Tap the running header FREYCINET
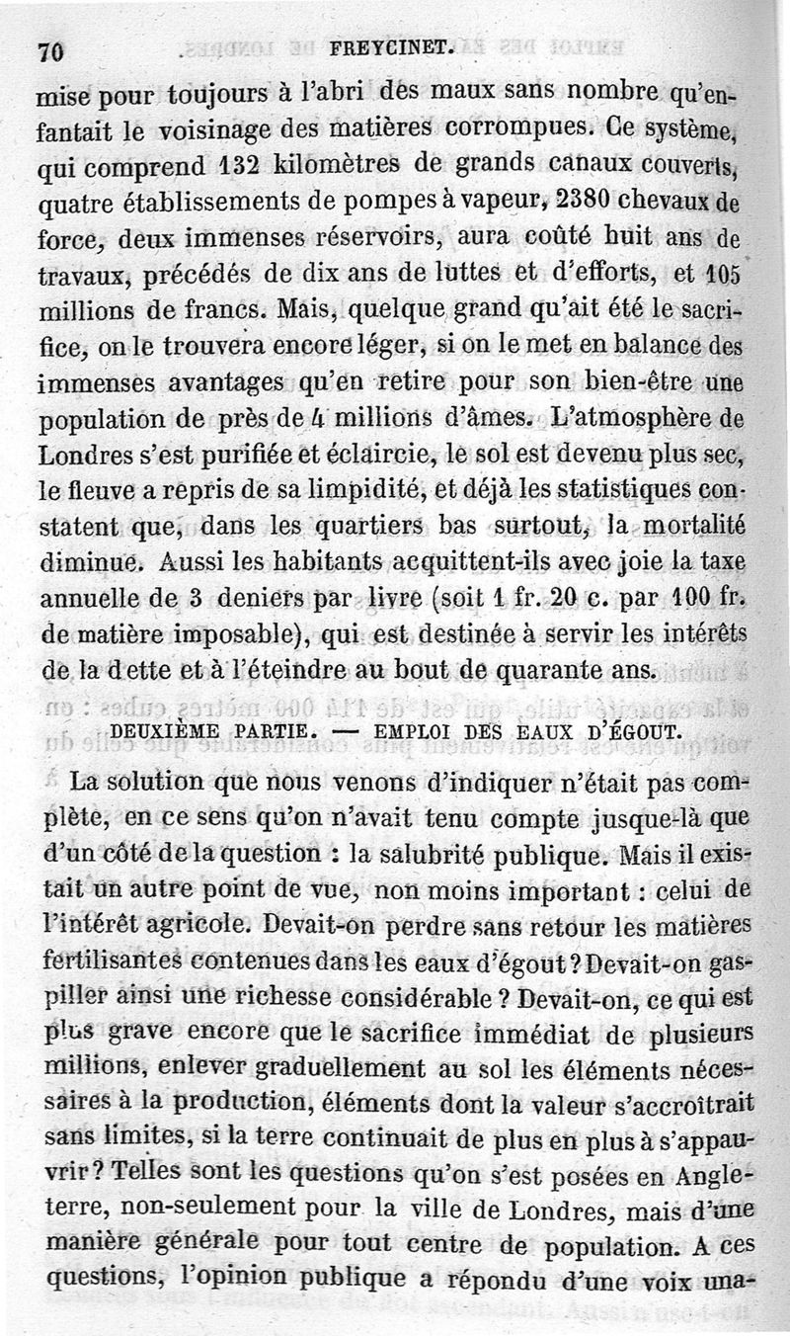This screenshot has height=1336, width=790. [391, 46]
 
